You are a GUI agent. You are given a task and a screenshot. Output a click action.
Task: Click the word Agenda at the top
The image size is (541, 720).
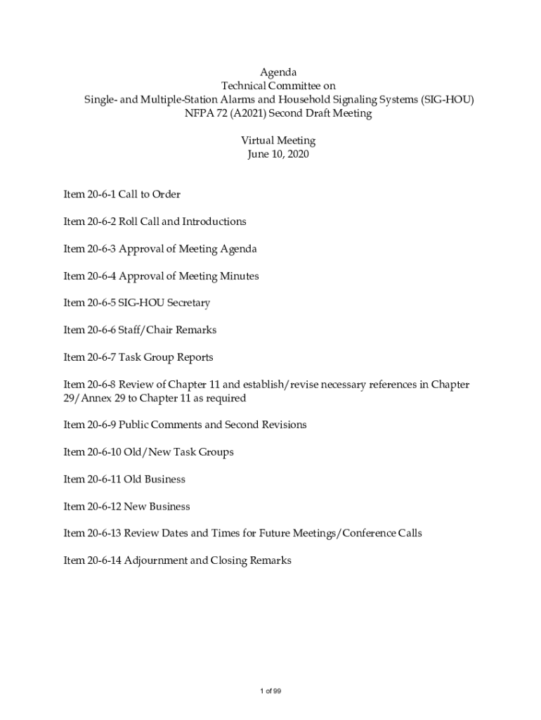pos(279,72)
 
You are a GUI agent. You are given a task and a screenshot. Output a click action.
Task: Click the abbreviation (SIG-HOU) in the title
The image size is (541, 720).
pos(448,100)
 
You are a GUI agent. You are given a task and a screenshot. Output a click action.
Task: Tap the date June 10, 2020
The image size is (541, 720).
pos(278,154)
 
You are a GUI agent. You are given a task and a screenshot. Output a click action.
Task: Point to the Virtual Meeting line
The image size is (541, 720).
pos(278,141)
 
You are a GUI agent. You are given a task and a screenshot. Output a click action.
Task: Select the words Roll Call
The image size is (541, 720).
pos(139,221)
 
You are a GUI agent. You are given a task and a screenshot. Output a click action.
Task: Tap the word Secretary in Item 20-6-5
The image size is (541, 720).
pos(185,303)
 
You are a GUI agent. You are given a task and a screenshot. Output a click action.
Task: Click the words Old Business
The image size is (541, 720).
pos(155,480)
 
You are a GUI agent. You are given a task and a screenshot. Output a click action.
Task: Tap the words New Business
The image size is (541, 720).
pos(157,507)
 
